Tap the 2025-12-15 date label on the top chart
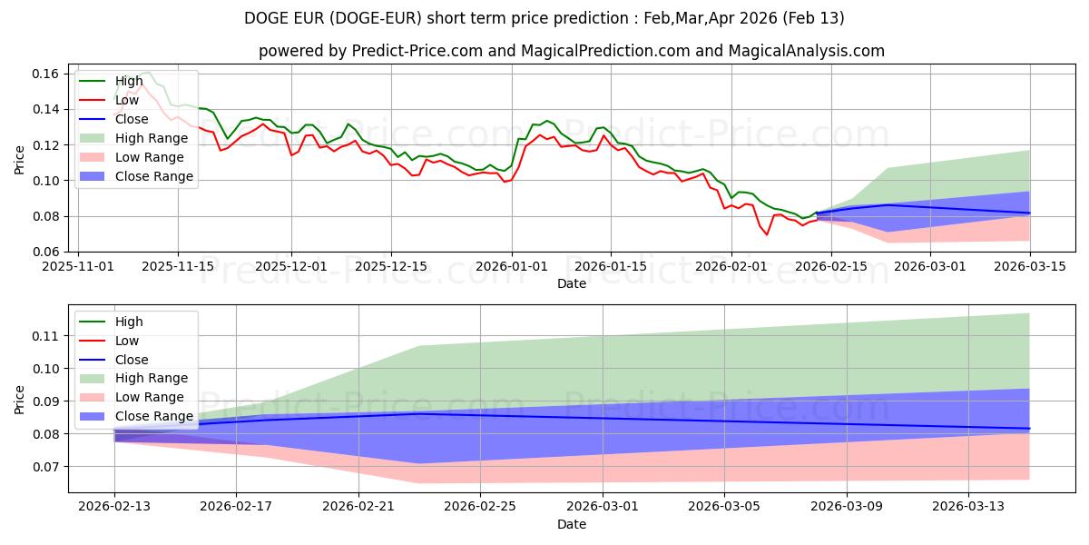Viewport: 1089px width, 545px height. (x=391, y=266)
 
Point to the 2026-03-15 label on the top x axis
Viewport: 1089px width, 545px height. (x=1030, y=266)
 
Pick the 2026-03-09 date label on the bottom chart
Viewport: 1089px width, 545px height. (x=847, y=507)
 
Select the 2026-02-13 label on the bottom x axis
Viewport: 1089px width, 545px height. (x=114, y=507)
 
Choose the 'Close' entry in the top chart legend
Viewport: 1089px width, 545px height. (x=132, y=119)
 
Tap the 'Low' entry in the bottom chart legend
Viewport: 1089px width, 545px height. (x=127, y=341)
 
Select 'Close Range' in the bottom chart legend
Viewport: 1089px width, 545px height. (x=153, y=416)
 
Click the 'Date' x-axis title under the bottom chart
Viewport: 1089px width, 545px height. (x=572, y=524)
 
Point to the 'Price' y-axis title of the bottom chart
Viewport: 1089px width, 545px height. (x=20, y=400)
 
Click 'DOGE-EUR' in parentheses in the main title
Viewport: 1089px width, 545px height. (x=426, y=18)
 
